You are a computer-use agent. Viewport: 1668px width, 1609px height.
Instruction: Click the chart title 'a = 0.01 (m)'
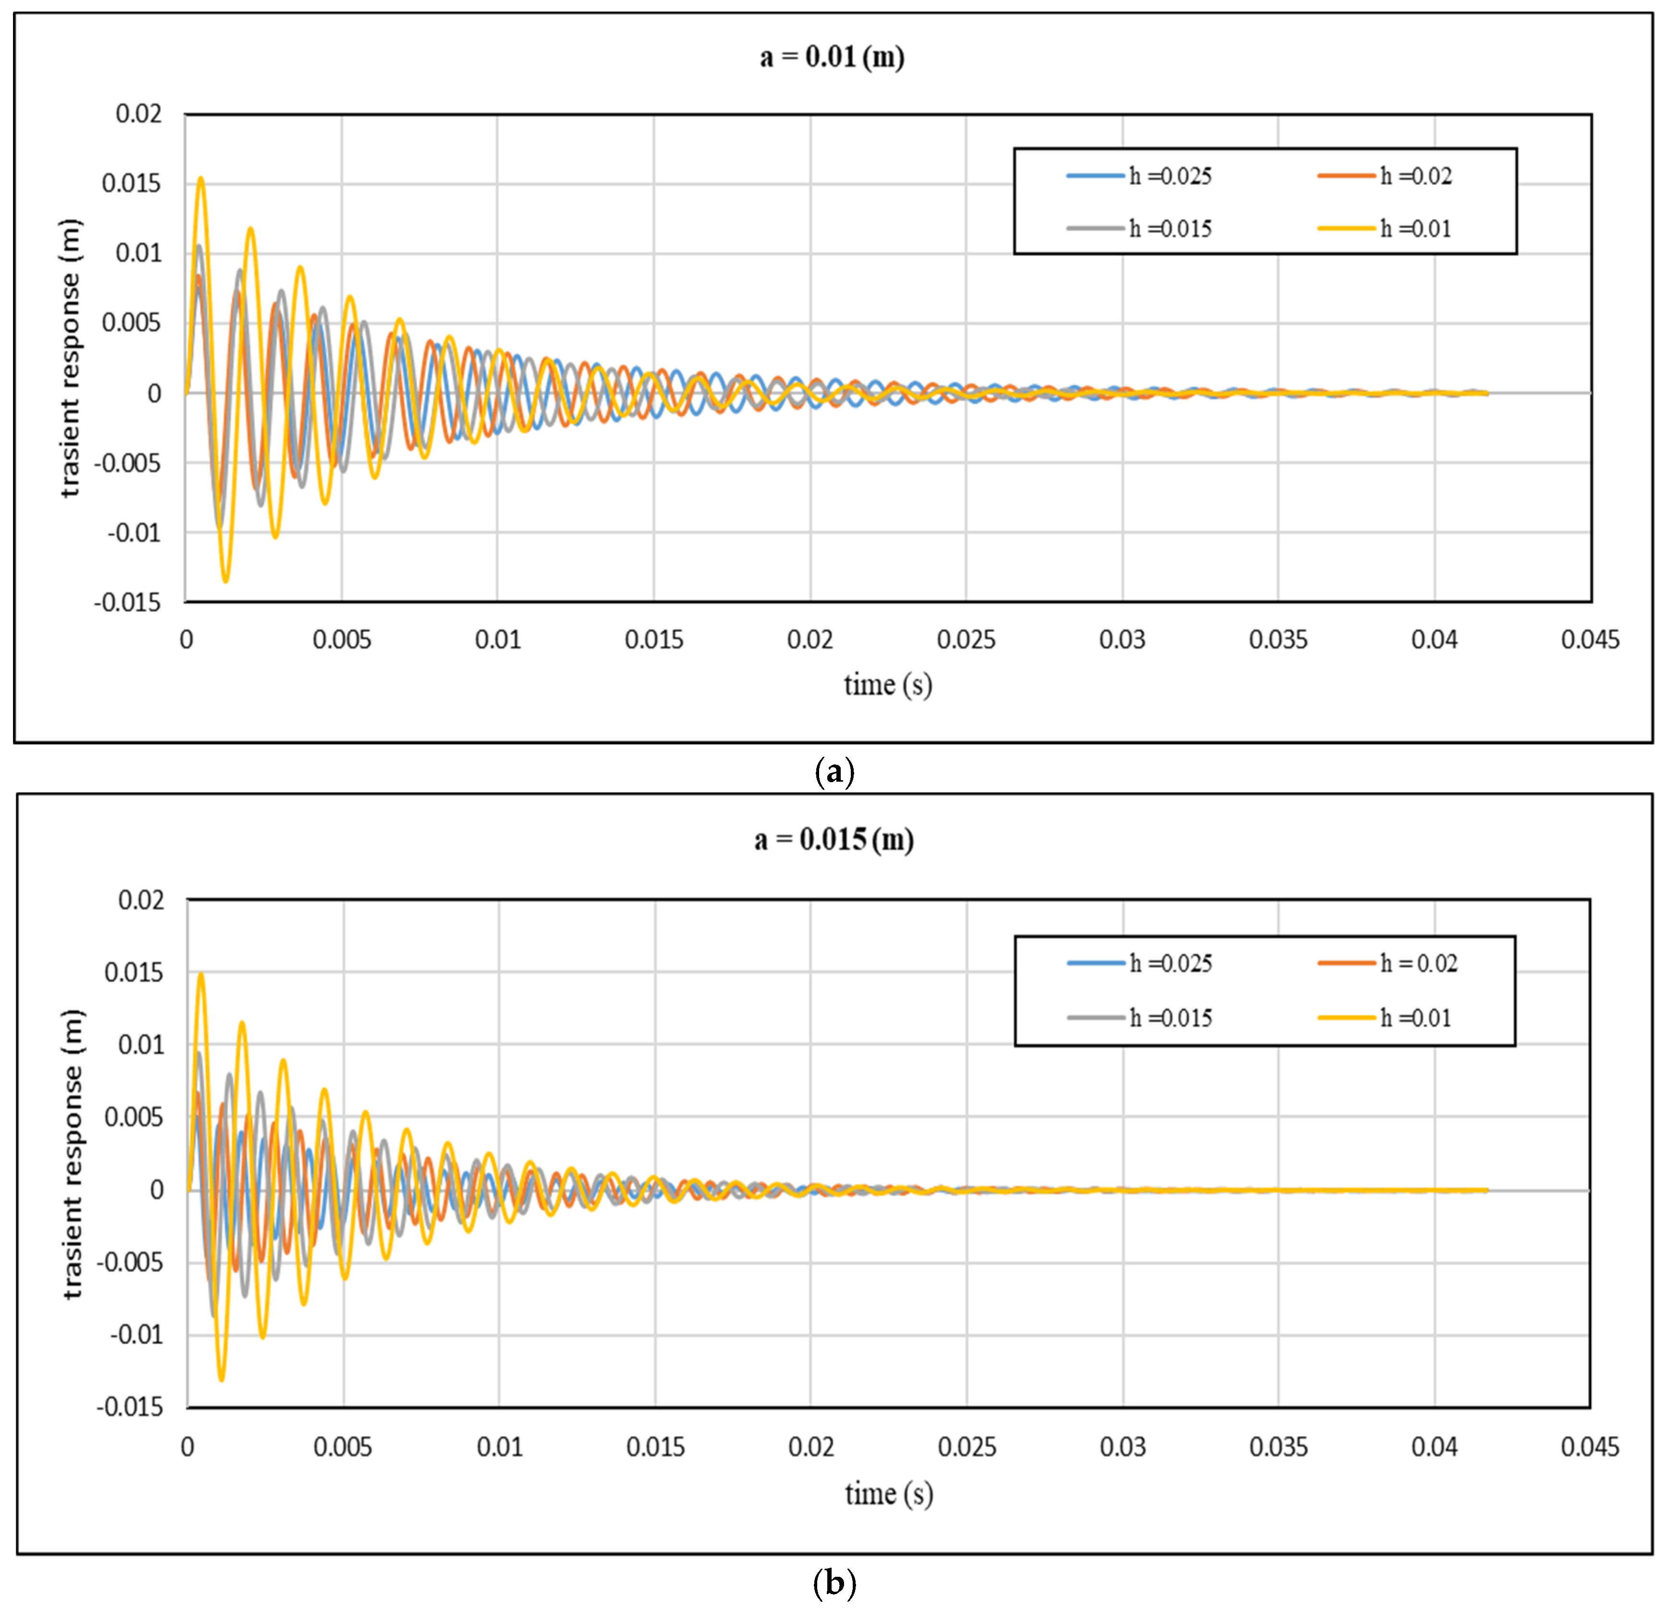pos(832,57)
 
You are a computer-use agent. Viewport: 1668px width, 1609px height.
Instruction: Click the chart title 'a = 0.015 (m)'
pos(834,840)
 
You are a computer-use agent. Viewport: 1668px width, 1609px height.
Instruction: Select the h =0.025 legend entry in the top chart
pos(1140,176)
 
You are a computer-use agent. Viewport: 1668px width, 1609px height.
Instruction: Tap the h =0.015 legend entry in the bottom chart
pos(1140,1018)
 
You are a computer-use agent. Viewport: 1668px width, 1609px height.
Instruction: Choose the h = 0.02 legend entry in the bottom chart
pos(1389,964)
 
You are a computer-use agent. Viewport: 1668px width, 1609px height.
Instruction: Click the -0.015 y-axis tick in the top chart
pos(128,603)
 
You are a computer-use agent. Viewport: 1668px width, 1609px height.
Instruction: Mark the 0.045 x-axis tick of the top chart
pos(1590,640)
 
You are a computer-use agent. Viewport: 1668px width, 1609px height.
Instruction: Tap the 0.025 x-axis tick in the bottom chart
pos(967,1447)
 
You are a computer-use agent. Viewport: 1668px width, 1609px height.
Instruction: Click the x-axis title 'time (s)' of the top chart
pos(888,685)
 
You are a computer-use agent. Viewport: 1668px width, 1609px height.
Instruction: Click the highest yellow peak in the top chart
pos(201,179)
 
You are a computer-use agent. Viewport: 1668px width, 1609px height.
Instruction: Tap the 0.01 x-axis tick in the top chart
pos(498,640)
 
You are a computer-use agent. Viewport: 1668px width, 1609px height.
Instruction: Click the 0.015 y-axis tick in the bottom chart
pos(133,972)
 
